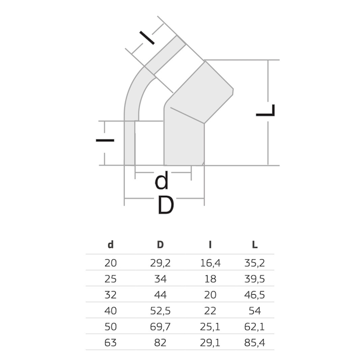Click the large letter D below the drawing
[x=166, y=205]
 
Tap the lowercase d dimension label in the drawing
[x=162, y=180]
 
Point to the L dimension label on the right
[x=265, y=110]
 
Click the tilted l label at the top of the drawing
[x=147, y=38]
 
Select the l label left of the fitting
[x=105, y=140]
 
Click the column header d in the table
[x=111, y=245]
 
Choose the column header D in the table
[x=160, y=245]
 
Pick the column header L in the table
[x=255, y=245]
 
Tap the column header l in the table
[x=210, y=245]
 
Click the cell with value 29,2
[x=160, y=263]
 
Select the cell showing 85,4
[x=255, y=343]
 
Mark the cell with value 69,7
[x=160, y=327]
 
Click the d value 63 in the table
[x=110, y=343]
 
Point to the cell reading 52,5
[x=160, y=311]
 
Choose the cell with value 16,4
[x=210, y=263]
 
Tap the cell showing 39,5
[x=255, y=279]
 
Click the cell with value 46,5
[x=255, y=295]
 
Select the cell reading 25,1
[x=210, y=327]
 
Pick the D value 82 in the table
[x=160, y=343]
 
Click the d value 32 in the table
[x=110, y=295]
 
